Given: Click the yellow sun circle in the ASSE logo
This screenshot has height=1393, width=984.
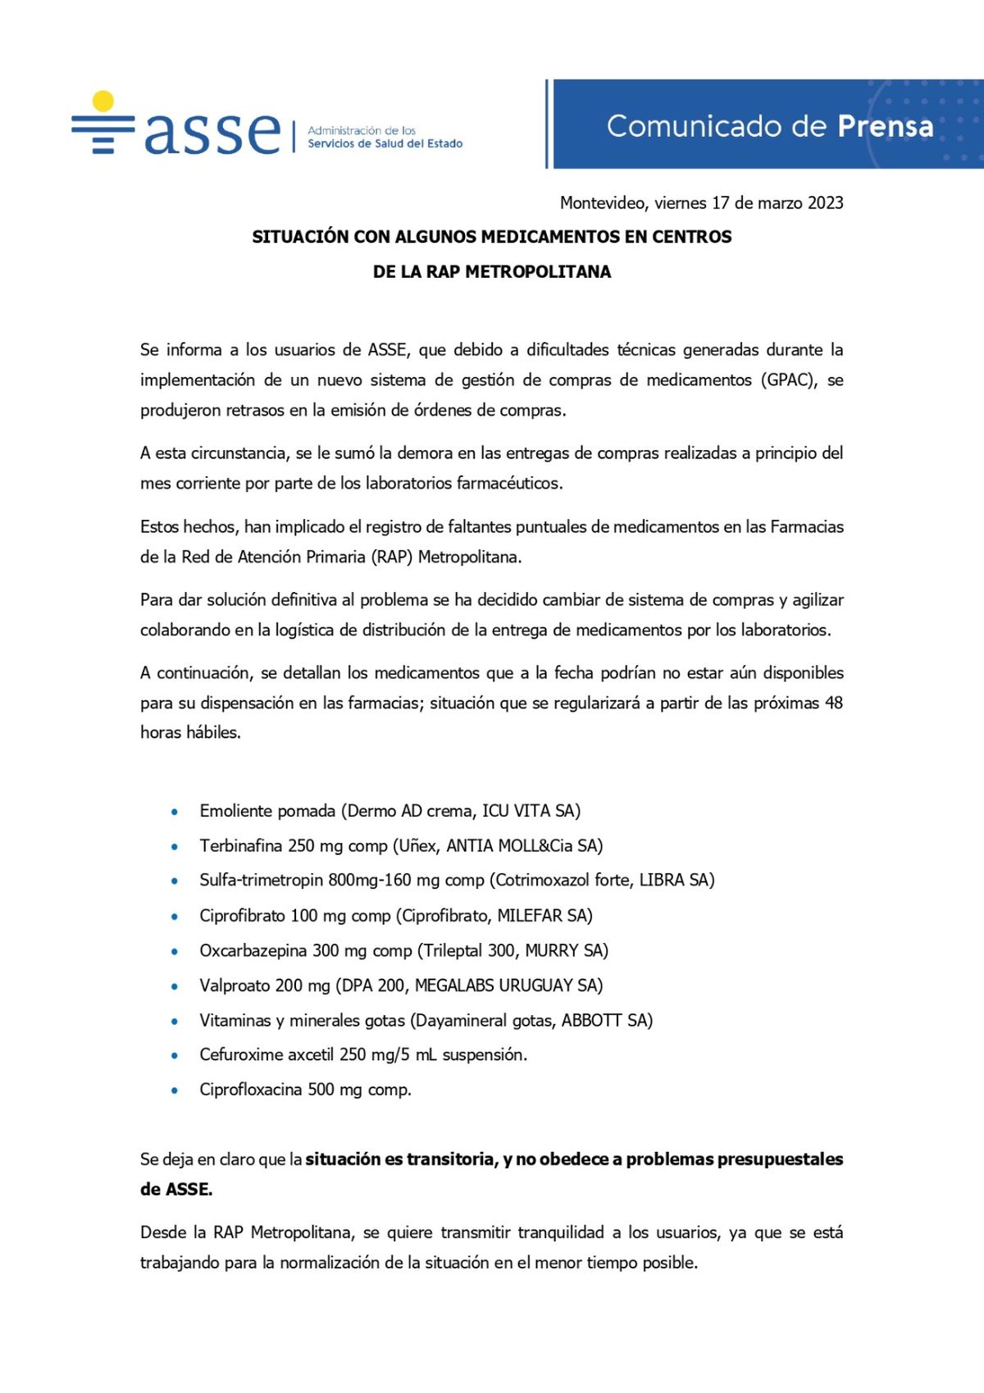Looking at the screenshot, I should click(103, 100).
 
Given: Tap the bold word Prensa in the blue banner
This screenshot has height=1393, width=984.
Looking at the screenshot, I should click(885, 126).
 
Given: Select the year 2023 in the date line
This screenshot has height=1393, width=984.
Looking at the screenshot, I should click(825, 203).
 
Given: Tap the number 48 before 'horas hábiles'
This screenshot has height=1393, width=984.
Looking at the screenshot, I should click(833, 703).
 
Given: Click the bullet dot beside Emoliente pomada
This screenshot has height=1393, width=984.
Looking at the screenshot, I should click(175, 812).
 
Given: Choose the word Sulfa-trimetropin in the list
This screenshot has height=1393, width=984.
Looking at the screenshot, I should click(260, 880).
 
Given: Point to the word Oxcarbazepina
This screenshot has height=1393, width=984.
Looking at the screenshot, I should click(253, 950).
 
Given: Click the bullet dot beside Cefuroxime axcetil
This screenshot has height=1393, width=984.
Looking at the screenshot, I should click(175, 1056).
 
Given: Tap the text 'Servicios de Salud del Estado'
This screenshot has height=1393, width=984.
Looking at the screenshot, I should click(385, 143).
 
